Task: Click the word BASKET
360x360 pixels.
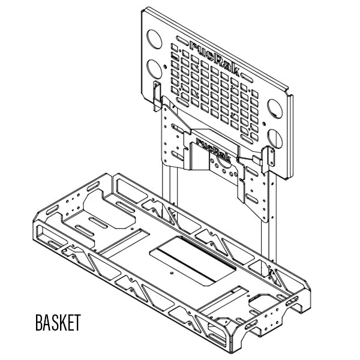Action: (58, 322)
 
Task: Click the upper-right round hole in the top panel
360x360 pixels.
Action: (277, 109)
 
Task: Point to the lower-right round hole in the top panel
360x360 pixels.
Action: (274, 137)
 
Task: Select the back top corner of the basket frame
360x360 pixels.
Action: (111, 175)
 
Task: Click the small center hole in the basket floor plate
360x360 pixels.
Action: (174, 271)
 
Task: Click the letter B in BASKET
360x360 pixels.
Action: (39, 322)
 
